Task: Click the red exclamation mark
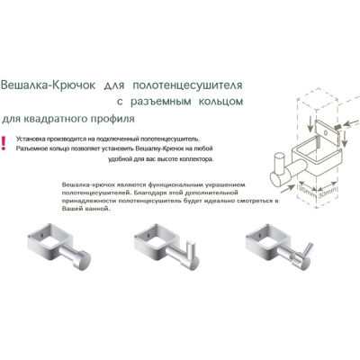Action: coord(4,143)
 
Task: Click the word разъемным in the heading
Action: coord(161,102)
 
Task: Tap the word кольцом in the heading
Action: coord(220,102)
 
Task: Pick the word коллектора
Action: coord(198,159)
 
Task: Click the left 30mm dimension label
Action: coord(307,192)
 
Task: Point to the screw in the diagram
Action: coord(337,127)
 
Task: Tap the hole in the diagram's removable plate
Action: coord(327,131)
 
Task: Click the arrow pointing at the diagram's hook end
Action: coord(286,189)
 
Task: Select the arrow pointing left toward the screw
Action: coord(352,122)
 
